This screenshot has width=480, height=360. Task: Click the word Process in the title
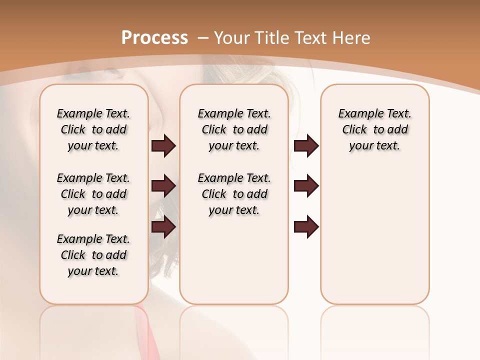coord(154,37)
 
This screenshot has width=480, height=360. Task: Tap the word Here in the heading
coord(352,37)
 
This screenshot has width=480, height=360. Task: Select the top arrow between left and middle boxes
coord(163,145)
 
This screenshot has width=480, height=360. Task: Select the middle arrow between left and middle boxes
coord(163,186)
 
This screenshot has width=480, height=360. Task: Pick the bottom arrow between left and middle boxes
coord(163,227)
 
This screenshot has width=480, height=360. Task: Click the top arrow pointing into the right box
coord(306,145)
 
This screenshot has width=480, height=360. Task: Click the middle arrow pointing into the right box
coord(306,186)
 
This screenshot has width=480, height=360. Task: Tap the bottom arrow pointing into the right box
coord(306,227)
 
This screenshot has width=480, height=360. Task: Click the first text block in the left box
coord(93,129)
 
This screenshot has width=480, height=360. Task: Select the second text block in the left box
coord(93,194)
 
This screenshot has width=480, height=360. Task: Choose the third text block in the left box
coord(93,255)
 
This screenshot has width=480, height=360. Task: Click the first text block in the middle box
coord(234,129)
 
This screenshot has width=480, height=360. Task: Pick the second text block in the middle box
coord(234,194)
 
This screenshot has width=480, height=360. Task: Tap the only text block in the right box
coord(374,129)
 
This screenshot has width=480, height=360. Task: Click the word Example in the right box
coord(356,113)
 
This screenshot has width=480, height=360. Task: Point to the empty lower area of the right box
coord(374,235)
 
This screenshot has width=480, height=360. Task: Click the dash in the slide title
coord(203,38)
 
